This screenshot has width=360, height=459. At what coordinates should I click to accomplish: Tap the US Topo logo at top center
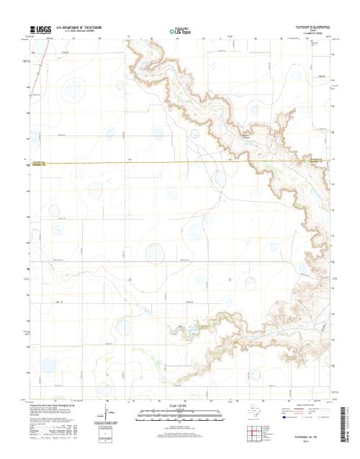[x=180, y=31]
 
